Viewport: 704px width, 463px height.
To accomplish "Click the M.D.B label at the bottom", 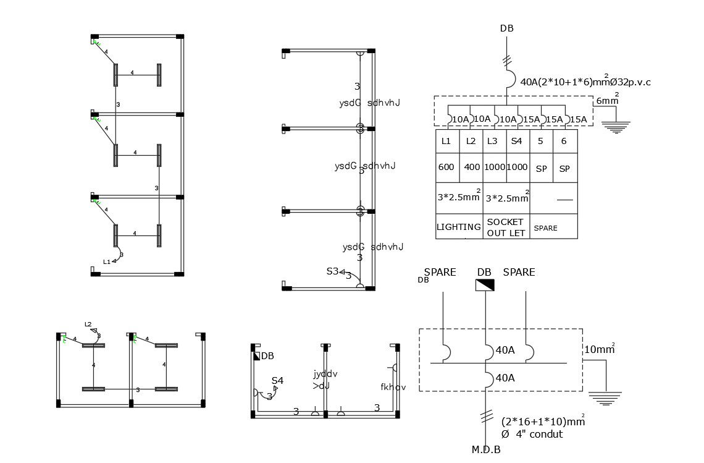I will click(485, 449).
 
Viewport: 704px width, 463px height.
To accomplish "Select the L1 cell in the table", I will click(446, 141).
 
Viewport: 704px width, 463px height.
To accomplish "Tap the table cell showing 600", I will click(446, 168).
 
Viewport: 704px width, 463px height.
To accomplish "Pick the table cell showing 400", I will click(471, 168).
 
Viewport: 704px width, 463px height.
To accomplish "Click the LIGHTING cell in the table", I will click(459, 227).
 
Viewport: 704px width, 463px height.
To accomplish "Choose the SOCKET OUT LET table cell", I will click(506, 227).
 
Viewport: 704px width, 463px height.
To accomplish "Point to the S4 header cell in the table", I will click(517, 141).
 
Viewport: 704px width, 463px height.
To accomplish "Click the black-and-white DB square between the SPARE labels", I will click(485, 284).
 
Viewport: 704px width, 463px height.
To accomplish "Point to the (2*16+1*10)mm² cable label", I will click(542, 422).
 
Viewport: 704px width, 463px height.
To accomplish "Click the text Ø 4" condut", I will click(532, 434).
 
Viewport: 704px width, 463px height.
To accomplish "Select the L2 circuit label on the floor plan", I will click(88, 324).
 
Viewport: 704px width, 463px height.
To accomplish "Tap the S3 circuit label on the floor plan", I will click(333, 271).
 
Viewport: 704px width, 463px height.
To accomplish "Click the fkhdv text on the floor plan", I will click(393, 388).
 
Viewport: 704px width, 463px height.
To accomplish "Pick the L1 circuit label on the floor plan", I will click(107, 261).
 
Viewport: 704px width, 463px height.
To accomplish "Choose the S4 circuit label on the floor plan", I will click(277, 381).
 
